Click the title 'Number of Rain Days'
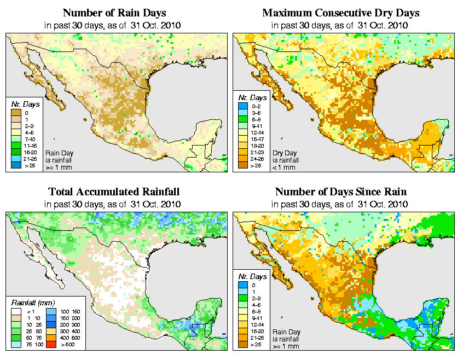tap(115, 13)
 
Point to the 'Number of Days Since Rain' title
tap(340, 192)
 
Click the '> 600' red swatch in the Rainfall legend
tap(51, 345)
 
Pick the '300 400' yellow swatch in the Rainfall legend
tap(51, 332)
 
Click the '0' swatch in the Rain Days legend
tap(17, 113)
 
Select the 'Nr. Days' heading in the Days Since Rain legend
tap(252, 276)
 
